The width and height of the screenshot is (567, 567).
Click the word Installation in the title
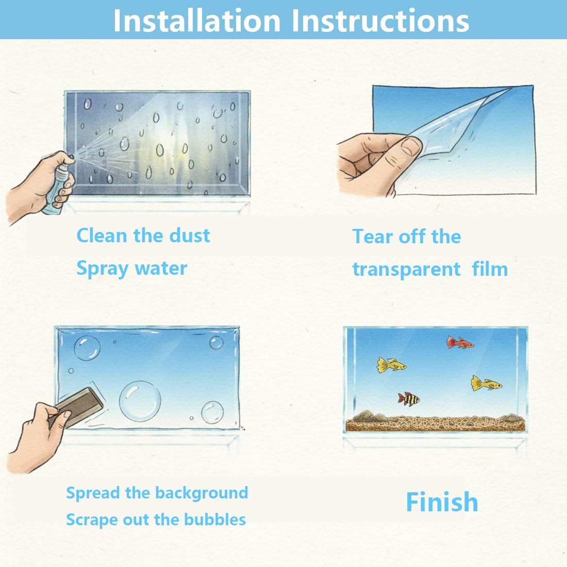(196, 20)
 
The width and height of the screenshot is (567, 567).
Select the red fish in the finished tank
(459, 342)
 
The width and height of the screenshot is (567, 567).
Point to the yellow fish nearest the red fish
(390, 365)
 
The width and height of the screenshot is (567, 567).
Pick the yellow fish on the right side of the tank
(485, 384)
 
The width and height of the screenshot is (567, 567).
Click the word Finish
(442, 502)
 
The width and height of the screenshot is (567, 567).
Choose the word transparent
(406, 270)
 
